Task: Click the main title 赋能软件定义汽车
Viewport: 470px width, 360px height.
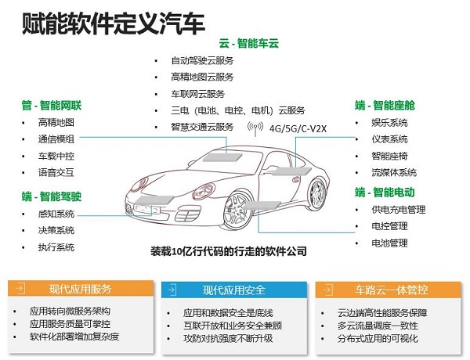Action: (x=114, y=23)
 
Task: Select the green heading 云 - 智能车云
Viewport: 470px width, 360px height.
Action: (x=249, y=43)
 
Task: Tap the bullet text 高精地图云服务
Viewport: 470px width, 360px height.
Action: (x=202, y=77)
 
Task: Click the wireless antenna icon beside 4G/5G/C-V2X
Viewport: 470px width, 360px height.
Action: (x=255, y=128)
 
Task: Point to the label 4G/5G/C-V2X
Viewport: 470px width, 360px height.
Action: (x=298, y=129)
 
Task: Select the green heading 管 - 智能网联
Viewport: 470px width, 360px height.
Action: (x=51, y=106)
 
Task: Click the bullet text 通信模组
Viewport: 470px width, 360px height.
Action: (x=56, y=139)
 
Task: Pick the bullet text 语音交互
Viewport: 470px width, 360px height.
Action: (x=56, y=172)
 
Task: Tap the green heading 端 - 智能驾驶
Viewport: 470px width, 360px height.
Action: (x=51, y=196)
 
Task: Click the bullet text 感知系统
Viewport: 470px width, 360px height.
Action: (x=56, y=214)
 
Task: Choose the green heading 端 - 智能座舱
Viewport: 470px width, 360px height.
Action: (x=385, y=106)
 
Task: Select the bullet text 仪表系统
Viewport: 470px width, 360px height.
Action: (x=389, y=139)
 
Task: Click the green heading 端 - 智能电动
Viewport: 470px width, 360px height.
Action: (x=385, y=193)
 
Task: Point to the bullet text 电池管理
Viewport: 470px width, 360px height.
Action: (x=389, y=243)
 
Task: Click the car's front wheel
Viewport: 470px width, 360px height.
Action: (x=239, y=211)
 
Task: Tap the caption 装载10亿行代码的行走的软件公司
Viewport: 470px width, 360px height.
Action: (x=229, y=251)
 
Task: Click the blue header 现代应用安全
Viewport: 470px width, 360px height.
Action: (x=234, y=290)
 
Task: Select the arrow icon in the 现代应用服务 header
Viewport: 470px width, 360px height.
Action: (x=20, y=289)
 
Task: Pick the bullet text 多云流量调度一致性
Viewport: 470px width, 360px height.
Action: (x=378, y=326)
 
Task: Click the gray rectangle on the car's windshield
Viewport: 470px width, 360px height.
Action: (x=222, y=157)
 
